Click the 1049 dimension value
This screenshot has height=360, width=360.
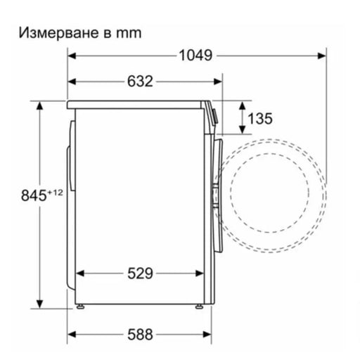tap(195, 55)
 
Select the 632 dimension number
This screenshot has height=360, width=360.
tap(141, 81)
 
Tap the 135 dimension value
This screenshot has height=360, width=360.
tap(259, 118)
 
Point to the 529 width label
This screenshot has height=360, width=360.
tap(141, 274)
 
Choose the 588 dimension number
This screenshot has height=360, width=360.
tap(141, 333)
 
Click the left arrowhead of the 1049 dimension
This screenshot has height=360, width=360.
tap(72, 55)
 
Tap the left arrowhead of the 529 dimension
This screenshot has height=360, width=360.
tap(79, 274)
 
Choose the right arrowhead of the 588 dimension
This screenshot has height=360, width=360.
tap(207, 333)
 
